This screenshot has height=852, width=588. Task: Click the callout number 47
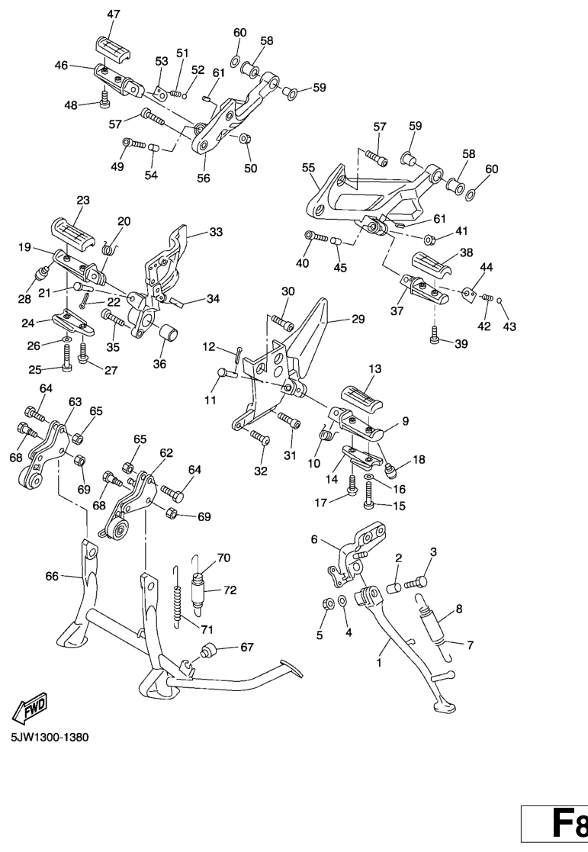[114, 14]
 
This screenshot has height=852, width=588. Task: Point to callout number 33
[216, 232]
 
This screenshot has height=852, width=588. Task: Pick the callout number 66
[52, 577]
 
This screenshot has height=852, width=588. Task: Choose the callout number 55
[308, 167]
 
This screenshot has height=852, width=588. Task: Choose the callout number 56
[203, 178]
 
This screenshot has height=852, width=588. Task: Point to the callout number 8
[459, 609]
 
